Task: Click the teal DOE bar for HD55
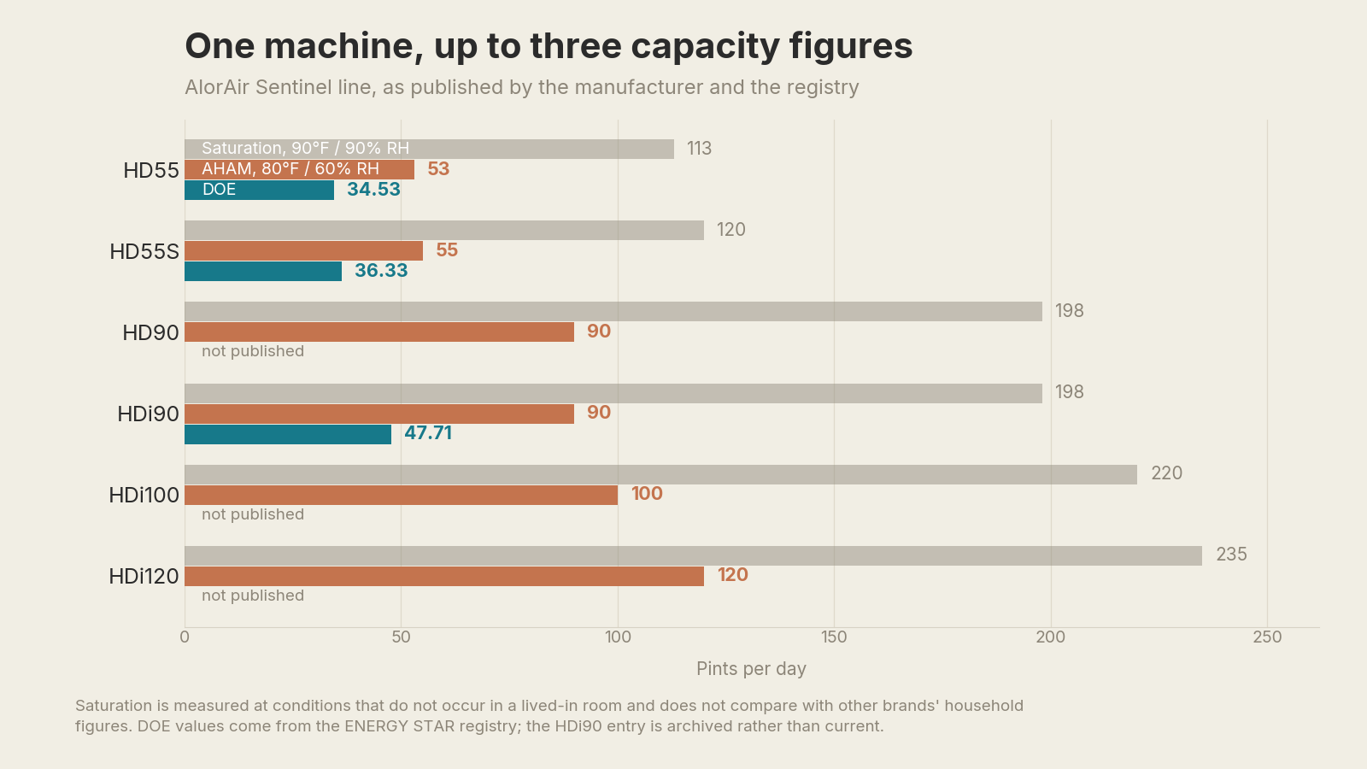260,190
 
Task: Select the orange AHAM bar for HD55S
304,251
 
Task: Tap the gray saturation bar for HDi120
693,555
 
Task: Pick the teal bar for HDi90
288,435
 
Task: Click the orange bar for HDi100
401,495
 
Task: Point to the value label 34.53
373,189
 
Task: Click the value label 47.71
428,432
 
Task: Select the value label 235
1231,555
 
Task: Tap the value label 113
700,149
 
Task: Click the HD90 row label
150,332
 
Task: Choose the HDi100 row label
144,495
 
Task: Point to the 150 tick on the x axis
834,637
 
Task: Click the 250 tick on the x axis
1268,637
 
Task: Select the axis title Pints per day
751,669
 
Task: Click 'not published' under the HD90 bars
253,351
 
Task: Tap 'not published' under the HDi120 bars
253,596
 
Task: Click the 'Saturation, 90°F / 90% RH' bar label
305,149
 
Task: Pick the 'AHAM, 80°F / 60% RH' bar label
290,169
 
